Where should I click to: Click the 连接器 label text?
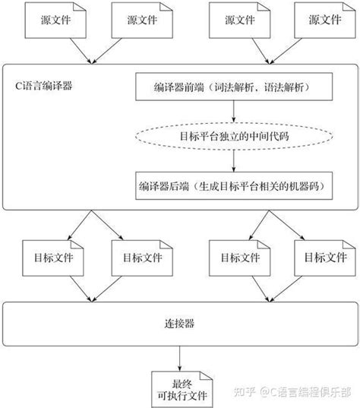179,324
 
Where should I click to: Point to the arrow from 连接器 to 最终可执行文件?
179,357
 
